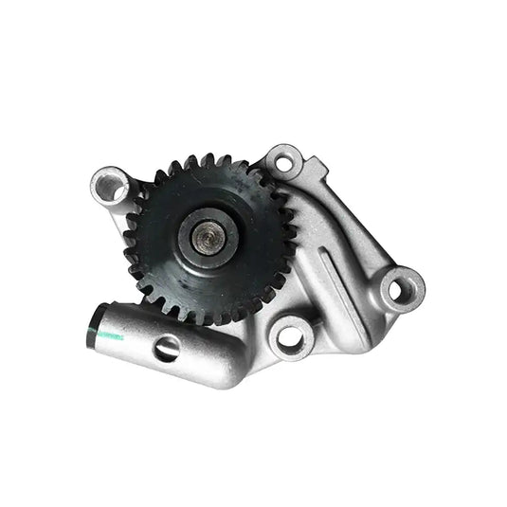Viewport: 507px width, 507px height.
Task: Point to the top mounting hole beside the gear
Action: click(x=282, y=161)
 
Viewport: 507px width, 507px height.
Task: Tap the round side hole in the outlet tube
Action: click(x=167, y=349)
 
